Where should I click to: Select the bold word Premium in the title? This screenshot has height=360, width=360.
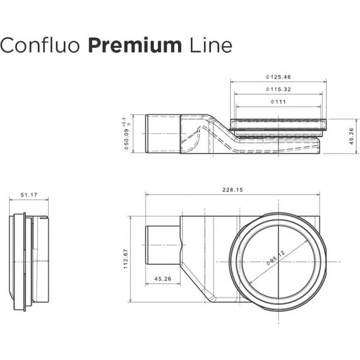(133, 45)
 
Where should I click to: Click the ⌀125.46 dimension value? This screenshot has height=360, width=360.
(279, 77)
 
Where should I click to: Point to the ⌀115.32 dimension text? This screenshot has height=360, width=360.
(279, 89)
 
